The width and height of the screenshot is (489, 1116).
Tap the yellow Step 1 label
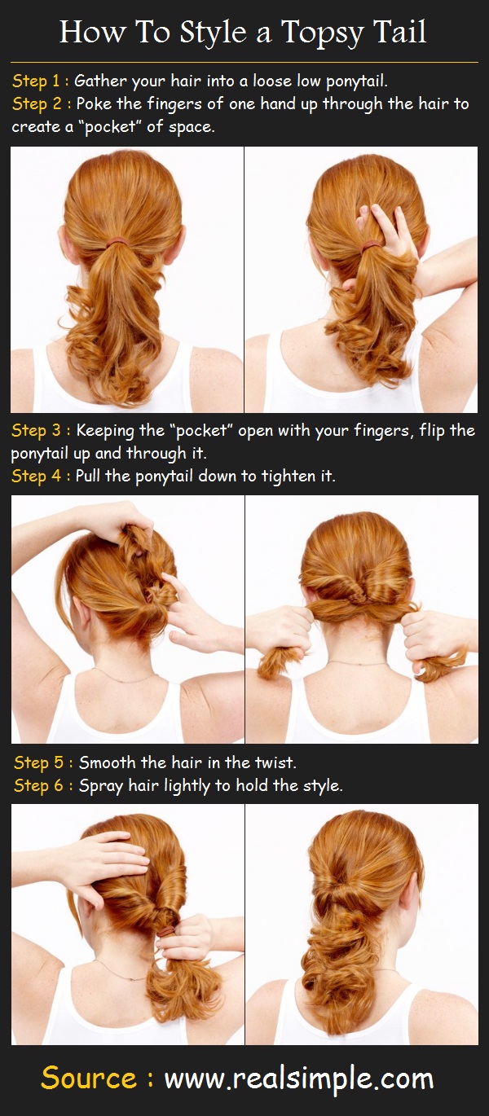[37, 81]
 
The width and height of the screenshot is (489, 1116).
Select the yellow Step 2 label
[37, 104]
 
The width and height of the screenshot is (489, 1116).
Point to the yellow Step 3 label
[37, 430]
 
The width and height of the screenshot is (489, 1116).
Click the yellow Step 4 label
[37, 476]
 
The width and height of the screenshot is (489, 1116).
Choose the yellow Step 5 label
[41, 763]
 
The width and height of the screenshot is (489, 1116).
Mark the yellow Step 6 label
[41, 786]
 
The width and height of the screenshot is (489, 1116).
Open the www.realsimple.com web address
[298, 1079]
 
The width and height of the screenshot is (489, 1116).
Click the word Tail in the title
[400, 33]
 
